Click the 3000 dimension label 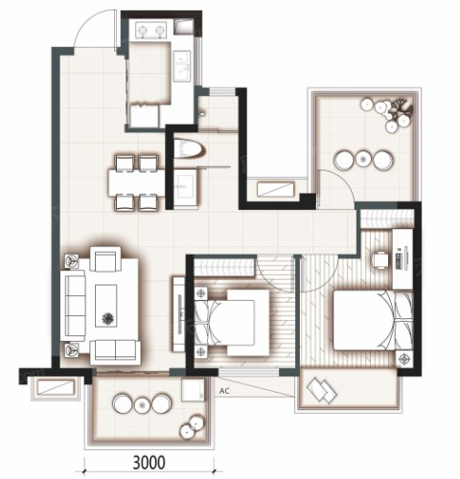[149, 462]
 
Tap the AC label [224, 391]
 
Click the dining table [136, 183]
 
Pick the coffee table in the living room [106, 306]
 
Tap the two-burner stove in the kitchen [151, 30]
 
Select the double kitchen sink [182, 66]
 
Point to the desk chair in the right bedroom [380, 261]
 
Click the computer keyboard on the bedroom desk [398, 261]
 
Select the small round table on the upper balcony [362, 159]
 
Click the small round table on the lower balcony [142, 405]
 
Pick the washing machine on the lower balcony [193, 390]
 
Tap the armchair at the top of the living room [105, 259]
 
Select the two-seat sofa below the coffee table [115, 353]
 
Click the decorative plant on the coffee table [108, 318]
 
